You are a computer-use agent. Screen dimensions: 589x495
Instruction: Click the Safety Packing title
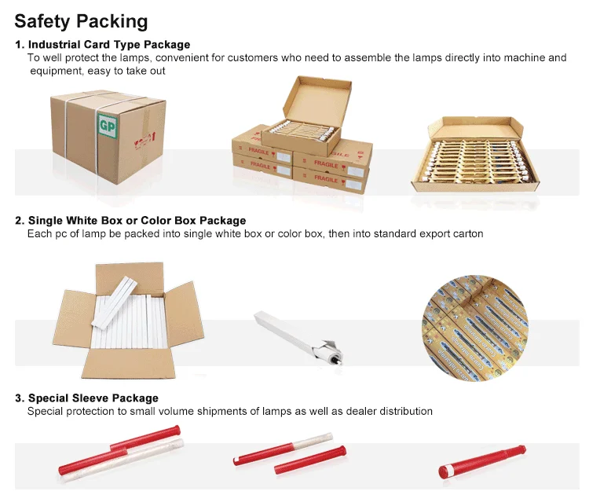point(81,20)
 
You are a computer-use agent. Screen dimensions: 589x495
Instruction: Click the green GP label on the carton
point(106,125)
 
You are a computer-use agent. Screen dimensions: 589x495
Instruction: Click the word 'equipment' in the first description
point(56,71)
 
